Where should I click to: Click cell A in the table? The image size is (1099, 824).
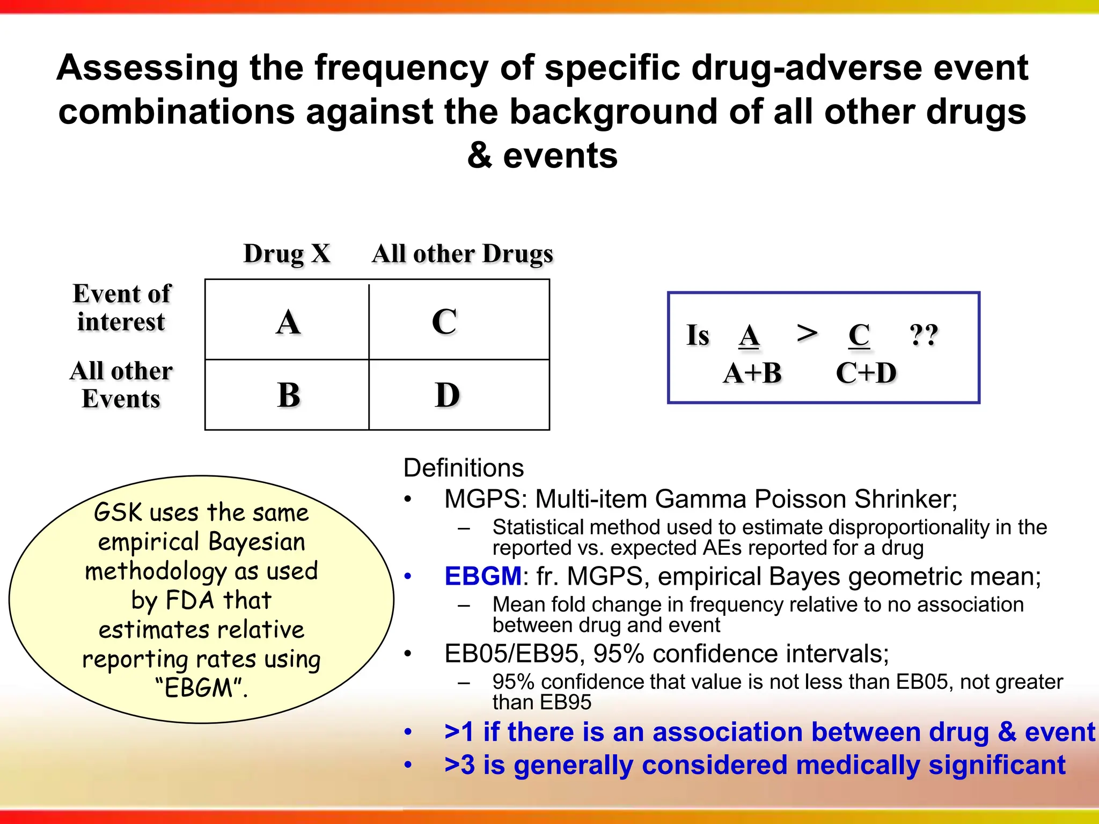288,322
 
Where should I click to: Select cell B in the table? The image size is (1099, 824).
288,395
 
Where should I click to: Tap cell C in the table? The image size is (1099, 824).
444,322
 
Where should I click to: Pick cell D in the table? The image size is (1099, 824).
447,395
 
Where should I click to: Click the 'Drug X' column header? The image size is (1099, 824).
287,254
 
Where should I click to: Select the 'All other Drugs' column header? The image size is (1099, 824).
462,254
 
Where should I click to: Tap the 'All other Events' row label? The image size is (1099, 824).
121,385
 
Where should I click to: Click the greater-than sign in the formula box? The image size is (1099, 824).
807,333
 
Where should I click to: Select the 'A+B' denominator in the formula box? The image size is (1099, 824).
752,373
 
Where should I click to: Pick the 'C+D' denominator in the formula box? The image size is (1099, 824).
866,373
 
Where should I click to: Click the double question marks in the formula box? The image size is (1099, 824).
924,335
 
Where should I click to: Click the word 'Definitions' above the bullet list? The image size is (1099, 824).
463,468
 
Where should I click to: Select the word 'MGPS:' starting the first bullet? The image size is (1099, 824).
486,499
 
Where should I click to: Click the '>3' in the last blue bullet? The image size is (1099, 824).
459,765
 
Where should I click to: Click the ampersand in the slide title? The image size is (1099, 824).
479,156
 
